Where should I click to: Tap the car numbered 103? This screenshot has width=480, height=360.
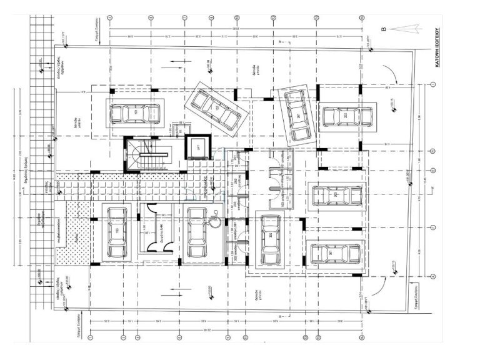[116, 233]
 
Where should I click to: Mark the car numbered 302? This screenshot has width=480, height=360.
[270, 240]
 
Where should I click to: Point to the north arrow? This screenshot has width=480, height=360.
[407, 27]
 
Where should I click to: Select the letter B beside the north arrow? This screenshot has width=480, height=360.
[384, 27]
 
